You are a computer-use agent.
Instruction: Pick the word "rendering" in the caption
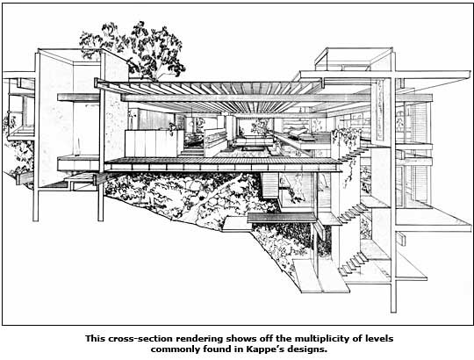(x=200, y=339)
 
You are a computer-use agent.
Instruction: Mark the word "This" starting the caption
(x=95, y=338)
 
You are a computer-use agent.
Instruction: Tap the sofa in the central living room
(x=253, y=141)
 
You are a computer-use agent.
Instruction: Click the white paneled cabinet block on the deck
(x=154, y=143)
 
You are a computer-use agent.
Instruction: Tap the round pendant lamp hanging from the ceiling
(x=191, y=123)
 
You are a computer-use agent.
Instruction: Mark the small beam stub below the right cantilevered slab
(x=401, y=239)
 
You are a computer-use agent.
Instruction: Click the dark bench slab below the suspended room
(x=282, y=218)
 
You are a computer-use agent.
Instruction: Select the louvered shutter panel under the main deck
(x=269, y=185)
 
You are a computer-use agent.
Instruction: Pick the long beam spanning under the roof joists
(x=247, y=97)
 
